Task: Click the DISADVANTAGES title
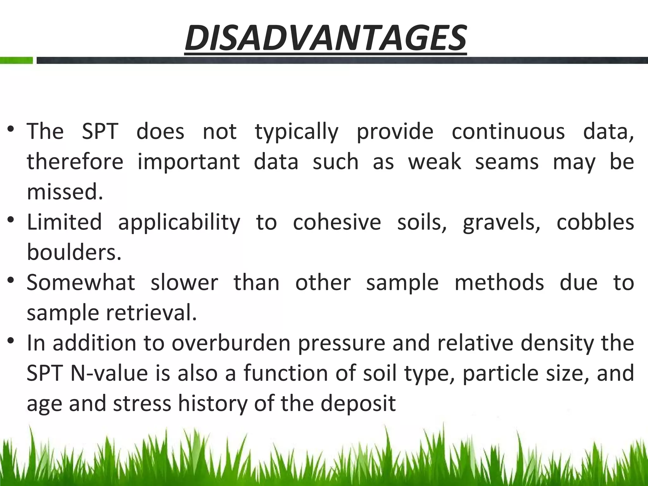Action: [326, 38]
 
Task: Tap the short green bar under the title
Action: [16, 60]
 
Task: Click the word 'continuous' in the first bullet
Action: [508, 131]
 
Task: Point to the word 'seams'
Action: [507, 162]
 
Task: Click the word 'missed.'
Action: [65, 192]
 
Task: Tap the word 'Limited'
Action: [64, 222]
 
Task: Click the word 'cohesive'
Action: [337, 222]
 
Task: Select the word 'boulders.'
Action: [74, 252]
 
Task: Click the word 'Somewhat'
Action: [81, 282]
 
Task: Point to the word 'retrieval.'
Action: [151, 313]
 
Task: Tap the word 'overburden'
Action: [231, 343]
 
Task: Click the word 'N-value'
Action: [109, 373]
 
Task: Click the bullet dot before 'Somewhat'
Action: [11, 280]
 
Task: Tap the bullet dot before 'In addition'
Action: [11, 341]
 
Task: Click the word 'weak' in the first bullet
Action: [434, 162]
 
